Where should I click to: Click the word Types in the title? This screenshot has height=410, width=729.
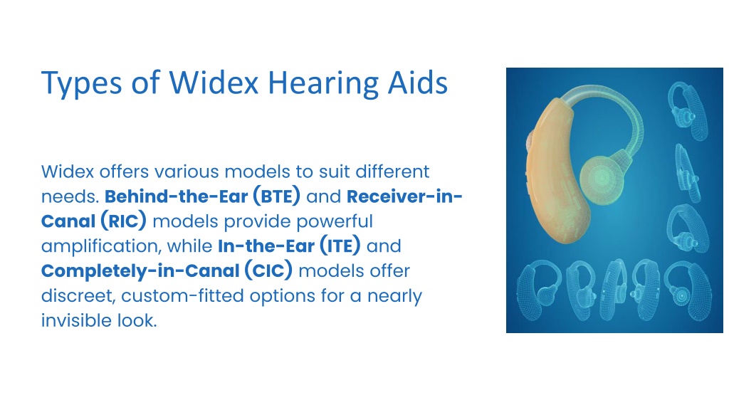[x=82, y=84]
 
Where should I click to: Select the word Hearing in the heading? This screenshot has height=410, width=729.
[x=324, y=84]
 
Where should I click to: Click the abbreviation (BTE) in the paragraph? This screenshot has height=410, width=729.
[x=277, y=196]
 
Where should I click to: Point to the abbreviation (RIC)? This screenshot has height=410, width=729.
[x=123, y=221]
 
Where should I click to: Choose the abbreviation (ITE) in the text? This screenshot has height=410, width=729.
[x=340, y=246]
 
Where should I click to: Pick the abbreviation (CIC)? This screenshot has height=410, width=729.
[x=268, y=270]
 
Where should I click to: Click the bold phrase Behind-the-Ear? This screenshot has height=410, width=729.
[x=177, y=196]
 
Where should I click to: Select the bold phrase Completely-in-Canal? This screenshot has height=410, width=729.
[x=140, y=271]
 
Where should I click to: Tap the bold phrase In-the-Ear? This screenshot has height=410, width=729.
[x=266, y=246]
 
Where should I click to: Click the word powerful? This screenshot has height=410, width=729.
[x=335, y=221]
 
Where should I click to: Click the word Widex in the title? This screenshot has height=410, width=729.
[x=214, y=84]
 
